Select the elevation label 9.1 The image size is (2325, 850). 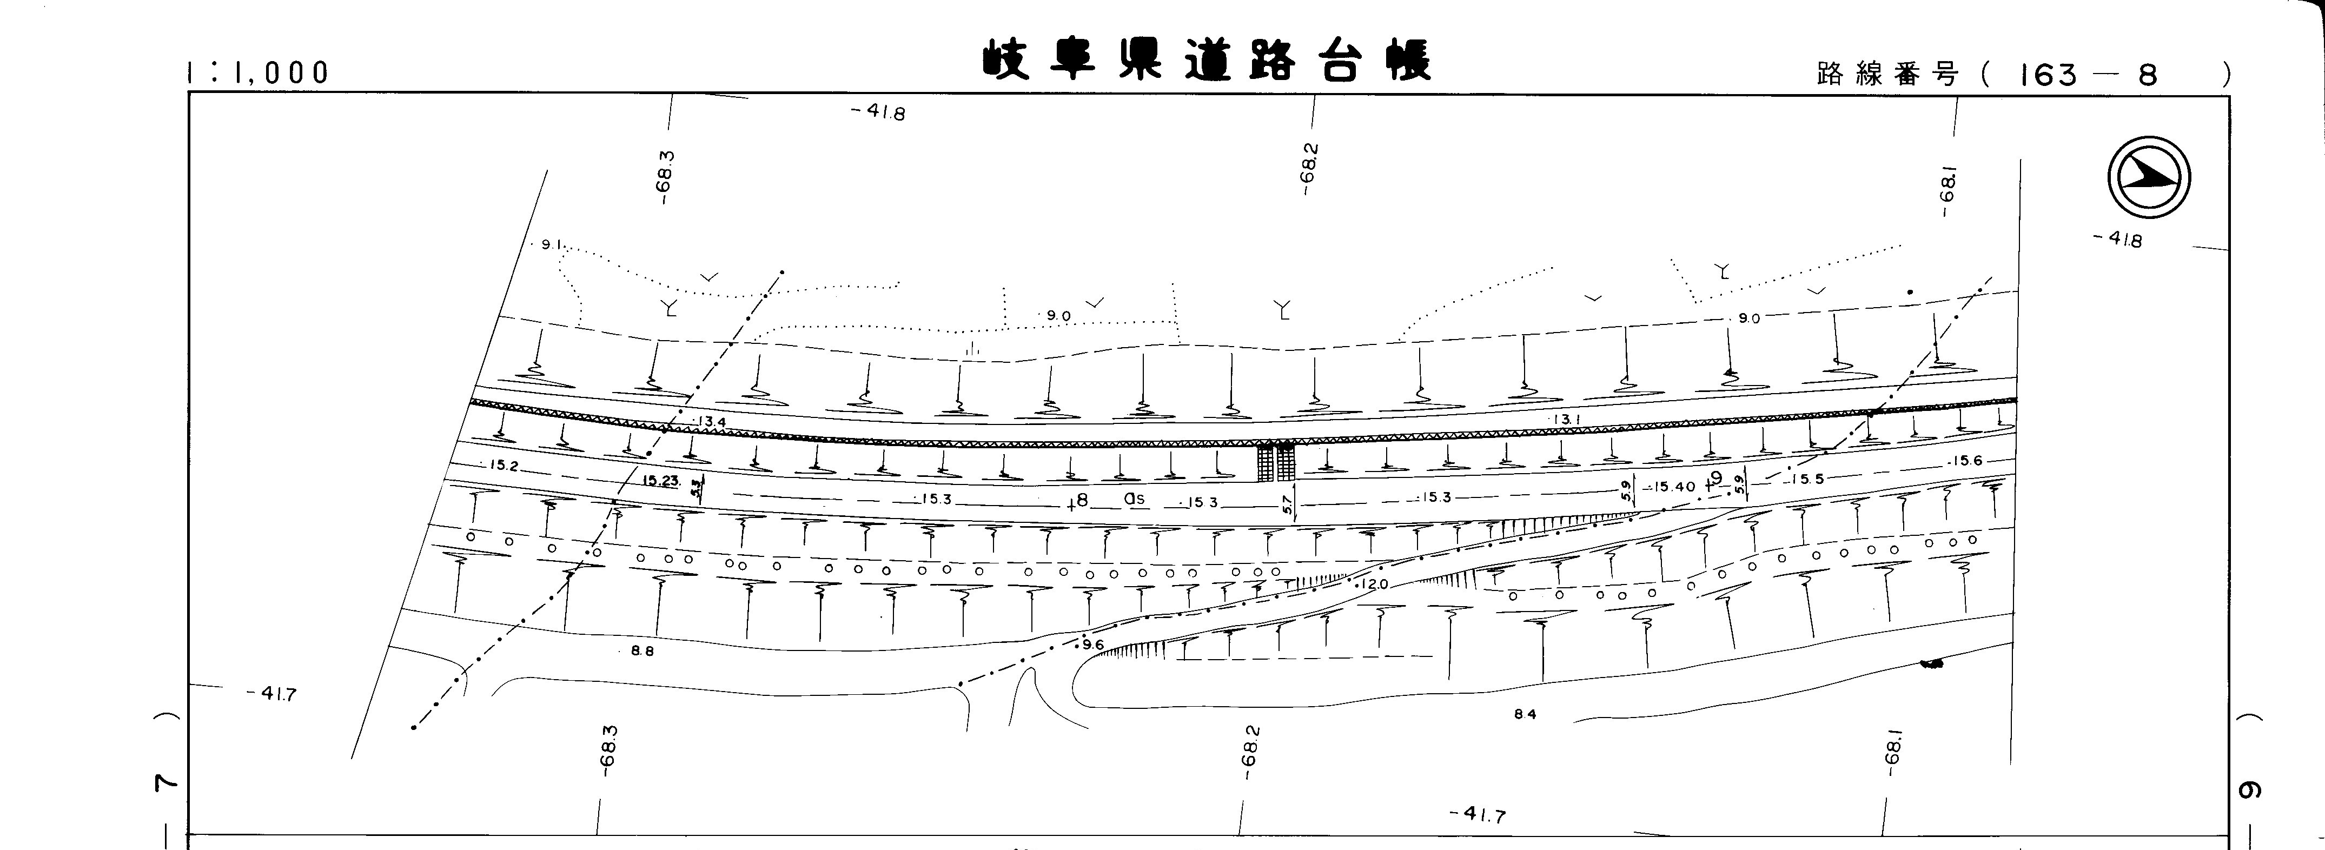(552, 244)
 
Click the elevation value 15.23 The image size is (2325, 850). (661, 481)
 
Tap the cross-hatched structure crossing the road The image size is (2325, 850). (1276, 462)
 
